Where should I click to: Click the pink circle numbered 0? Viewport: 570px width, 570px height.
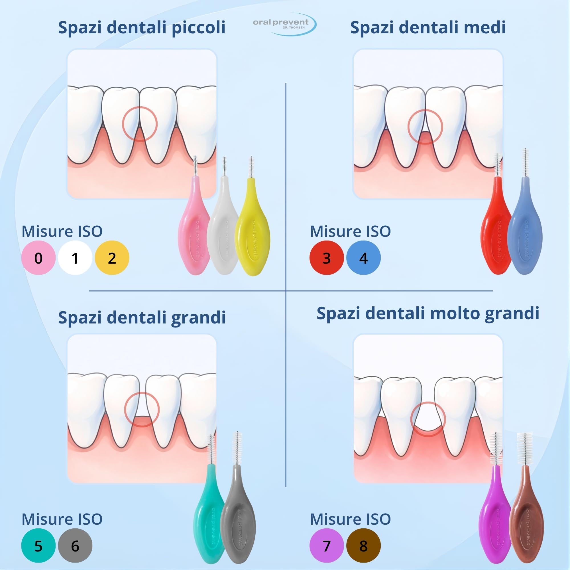[x=38, y=258]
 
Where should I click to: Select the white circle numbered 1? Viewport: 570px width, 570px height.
[x=75, y=258]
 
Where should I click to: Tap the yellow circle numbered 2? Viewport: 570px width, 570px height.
[x=112, y=258]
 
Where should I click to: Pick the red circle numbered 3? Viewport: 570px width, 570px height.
[x=327, y=258]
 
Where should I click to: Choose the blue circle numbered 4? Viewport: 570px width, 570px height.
[x=363, y=258]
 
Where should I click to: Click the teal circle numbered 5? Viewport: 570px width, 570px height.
[x=38, y=545]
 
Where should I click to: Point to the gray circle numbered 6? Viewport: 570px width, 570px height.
[x=75, y=545]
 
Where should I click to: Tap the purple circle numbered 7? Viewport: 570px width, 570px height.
[x=327, y=545]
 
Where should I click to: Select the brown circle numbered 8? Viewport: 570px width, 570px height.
[x=363, y=545]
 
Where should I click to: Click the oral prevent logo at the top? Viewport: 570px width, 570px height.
[x=284, y=24]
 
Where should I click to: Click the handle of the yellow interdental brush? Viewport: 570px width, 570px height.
[x=252, y=230]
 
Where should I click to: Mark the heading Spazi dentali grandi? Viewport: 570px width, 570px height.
[x=142, y=318]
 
